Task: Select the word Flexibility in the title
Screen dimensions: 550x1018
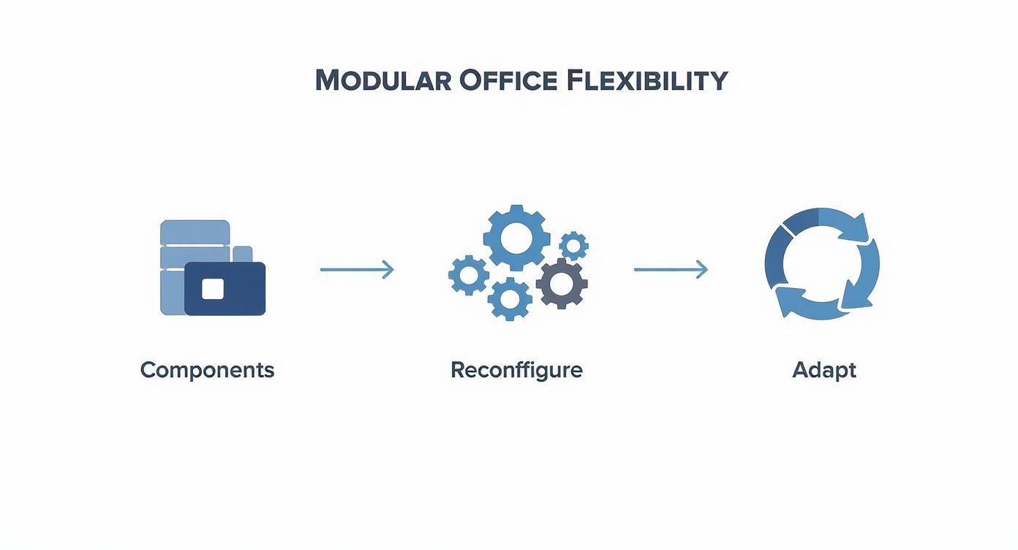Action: click(646, 80)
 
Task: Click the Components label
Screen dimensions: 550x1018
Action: click(207, 370)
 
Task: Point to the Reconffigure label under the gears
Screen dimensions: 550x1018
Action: click(516, 370)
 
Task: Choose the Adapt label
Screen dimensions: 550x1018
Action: click(823, 370)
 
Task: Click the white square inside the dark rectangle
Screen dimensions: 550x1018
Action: click(212, 289)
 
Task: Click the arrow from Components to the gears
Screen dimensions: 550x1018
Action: click(356, 270)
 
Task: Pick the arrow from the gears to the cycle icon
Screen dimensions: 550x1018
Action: click(670, 270)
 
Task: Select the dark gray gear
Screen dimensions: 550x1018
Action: click(562, 284)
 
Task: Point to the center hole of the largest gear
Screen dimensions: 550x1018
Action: click(517, 238)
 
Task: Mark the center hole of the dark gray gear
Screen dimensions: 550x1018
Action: click(562, 284)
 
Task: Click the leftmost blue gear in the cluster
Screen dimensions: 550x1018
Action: click(469, 275)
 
